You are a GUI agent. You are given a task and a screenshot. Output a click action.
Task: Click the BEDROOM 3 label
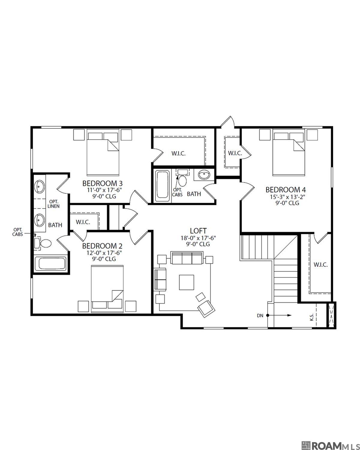click(x=102, y=183)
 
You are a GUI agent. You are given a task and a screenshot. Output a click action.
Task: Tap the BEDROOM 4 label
click(x=286, y=190)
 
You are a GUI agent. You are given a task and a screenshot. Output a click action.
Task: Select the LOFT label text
click(x=198, y=231)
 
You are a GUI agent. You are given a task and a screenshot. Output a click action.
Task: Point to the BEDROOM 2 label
click(x=102, y=246)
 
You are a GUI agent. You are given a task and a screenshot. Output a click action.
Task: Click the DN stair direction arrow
click(x=279, y=315)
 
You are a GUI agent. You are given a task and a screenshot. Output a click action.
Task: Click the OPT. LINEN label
click(x=54, y=204)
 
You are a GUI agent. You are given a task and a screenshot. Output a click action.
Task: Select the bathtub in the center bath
click(x=162, y=184)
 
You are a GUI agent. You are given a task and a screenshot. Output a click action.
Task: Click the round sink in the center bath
click(x=204, y=175)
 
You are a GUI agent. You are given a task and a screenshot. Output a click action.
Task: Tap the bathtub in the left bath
click(x=50, y=263)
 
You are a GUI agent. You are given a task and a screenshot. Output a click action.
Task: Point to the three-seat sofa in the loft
click(x=186, y=258)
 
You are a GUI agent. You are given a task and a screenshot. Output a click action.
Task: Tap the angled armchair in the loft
click(x=205, y=308)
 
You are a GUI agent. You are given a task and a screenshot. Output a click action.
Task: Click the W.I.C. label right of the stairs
click(x=320, y=265)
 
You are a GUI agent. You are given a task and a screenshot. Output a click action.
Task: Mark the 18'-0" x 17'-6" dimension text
click(x=198, y=238)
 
